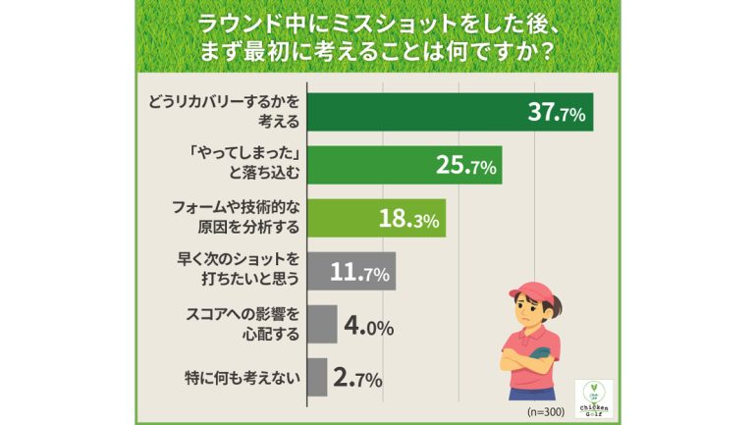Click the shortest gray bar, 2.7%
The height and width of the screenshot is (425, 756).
pyautogui.click(x=315, y=377)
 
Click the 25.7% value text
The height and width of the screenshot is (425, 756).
pyautogui.click(x=465, y=166)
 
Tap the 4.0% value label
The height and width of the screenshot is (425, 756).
pyautogui.click(x=367, y=325)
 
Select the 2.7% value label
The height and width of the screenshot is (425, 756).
pyautogui.click(x=356, y=378)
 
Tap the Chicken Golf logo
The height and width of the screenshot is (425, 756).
pyautogui.click(x=593, y=398)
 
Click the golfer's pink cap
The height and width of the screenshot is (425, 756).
pyautogui.click(x=534, y=292)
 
